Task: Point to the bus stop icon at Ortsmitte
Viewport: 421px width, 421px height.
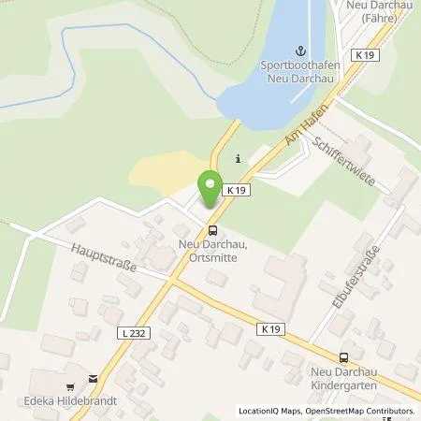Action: click(213, 228)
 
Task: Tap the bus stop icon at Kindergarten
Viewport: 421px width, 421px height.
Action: click(342, 356)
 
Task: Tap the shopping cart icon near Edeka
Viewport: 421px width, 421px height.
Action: click(69, 384)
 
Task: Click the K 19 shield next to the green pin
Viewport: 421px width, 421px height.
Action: click(236, 188)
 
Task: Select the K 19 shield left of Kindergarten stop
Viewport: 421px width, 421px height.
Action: click(270, 328)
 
